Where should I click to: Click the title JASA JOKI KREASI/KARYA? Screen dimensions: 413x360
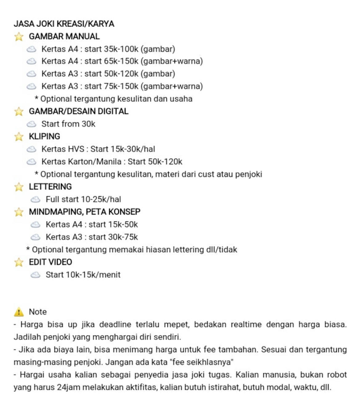[x=64, y=24]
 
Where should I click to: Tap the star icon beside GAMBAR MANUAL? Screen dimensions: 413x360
[x=19, y=37]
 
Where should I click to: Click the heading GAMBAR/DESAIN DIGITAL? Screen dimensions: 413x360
[x=78, y=111]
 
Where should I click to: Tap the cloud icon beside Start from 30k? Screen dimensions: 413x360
[x=31, y=124]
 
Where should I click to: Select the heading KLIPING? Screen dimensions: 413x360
[x=44, y=136]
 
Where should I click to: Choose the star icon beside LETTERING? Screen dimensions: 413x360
[x=19, y=187]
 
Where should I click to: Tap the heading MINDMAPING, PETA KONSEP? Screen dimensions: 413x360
[x=85, y=212]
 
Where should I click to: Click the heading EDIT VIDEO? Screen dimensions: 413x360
[x=50, y=262]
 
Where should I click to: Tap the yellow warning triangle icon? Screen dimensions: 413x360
[x=19, y=312]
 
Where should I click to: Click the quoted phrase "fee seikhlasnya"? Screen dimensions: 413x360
[x=202, y=362]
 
